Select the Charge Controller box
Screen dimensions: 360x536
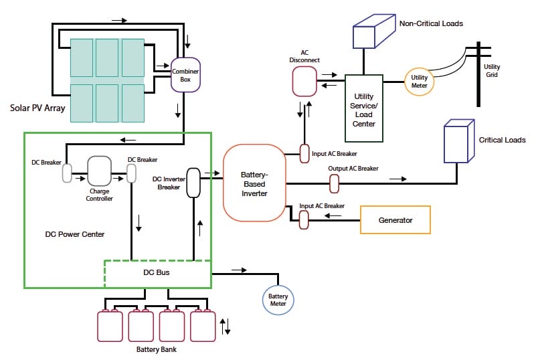[99, 171]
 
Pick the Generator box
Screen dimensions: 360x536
[395, 219]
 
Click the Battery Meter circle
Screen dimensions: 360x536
[278, 299]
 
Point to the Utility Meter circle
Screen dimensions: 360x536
[419, 82]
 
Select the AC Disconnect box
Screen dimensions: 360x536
[304, 82]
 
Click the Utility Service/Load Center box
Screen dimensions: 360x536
[364, 108]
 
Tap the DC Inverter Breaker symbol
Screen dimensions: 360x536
[193, 183]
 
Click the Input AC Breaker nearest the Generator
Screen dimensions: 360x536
[304, 219]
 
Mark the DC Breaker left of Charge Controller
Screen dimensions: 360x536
[67, 174]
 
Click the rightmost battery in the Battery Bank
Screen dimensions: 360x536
[203, 326]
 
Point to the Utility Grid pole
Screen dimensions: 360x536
[478, 74]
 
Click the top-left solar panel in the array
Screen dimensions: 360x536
[82, 59]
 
